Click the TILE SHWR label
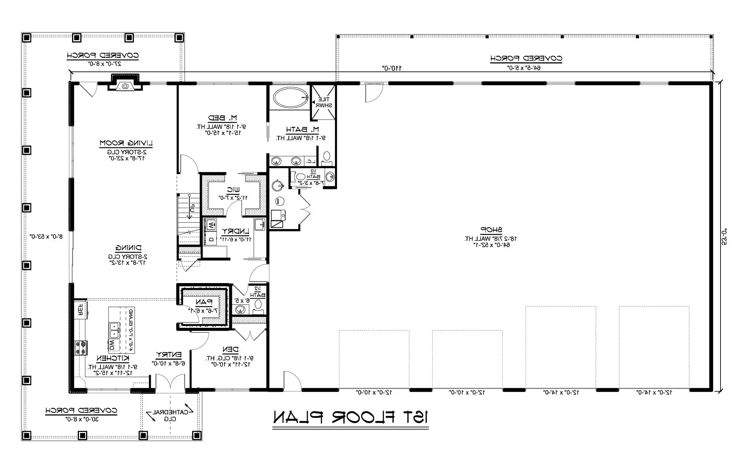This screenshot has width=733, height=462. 324,102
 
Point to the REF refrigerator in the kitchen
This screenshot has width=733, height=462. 81,309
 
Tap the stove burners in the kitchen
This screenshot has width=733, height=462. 80,348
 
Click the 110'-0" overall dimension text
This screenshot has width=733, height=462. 392,68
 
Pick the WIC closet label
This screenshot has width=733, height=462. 233,190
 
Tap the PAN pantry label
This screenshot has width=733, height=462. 204,302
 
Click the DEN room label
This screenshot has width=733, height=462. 231,349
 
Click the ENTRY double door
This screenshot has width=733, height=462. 170,384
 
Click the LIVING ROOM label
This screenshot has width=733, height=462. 126,143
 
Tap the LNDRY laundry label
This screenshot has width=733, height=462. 235,232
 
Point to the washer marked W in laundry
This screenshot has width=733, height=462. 211,225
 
